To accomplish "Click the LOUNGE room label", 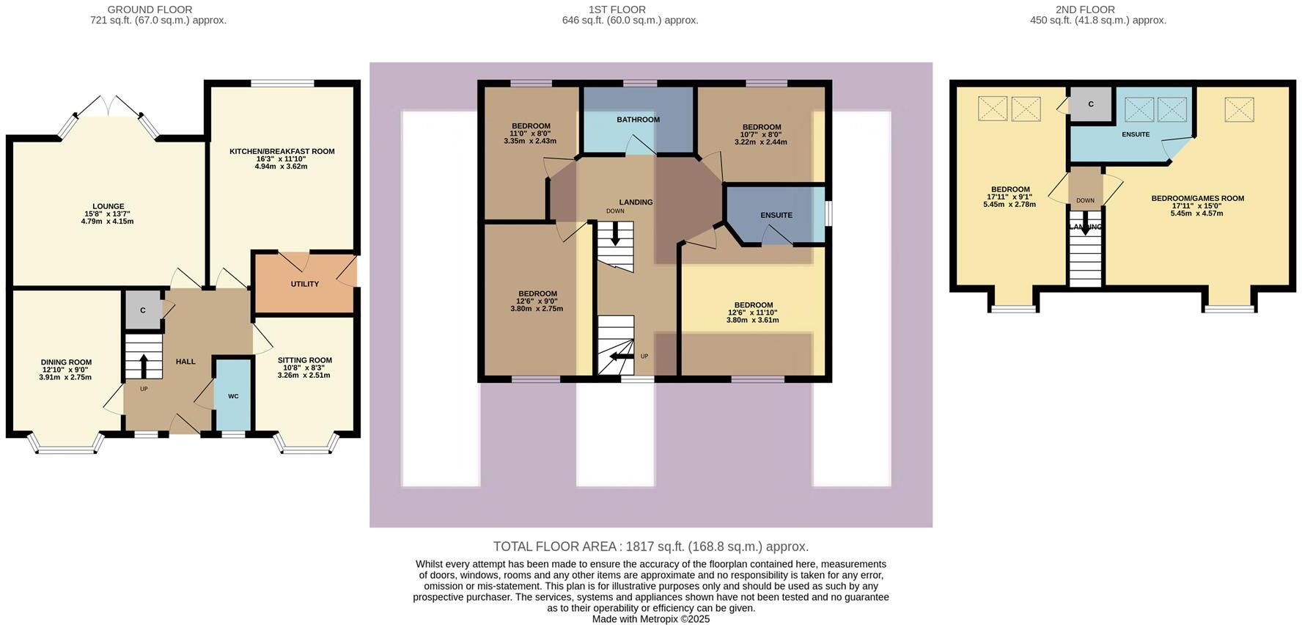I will point(108,206).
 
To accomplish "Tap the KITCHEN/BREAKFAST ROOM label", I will point(282,152).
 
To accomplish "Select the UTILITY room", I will point(304,284).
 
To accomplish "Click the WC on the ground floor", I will point(233,396).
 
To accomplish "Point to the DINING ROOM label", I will point(66,362).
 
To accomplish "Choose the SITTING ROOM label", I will point(304,360).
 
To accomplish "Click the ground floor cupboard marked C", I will point(143,310).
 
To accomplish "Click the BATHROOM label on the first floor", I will point(638,120).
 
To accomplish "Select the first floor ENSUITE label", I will point(776,216).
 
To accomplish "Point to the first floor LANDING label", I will point(636,202).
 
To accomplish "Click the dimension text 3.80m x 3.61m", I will point(752,321).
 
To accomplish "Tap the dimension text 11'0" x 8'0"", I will point(530,134).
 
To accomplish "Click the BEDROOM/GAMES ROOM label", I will point(1197,199).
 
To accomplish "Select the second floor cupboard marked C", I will point(1090,105).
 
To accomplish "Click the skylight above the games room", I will point(1238,110).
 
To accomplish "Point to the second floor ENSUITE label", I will point(1135,134).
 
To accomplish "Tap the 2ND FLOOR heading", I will point(1085,10).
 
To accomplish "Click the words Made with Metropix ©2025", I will point(650,619).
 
